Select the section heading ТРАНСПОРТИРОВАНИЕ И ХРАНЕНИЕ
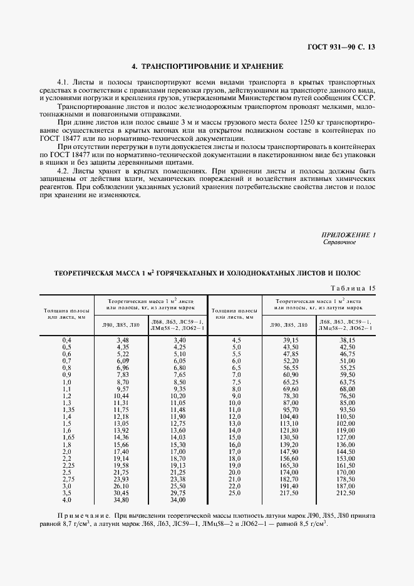point(212,66)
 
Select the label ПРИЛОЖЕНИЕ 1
point(348,234)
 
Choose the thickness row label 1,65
point(66,438)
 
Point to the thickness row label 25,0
point(236,493)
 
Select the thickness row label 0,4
point(66,339)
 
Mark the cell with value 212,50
point(346,493)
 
